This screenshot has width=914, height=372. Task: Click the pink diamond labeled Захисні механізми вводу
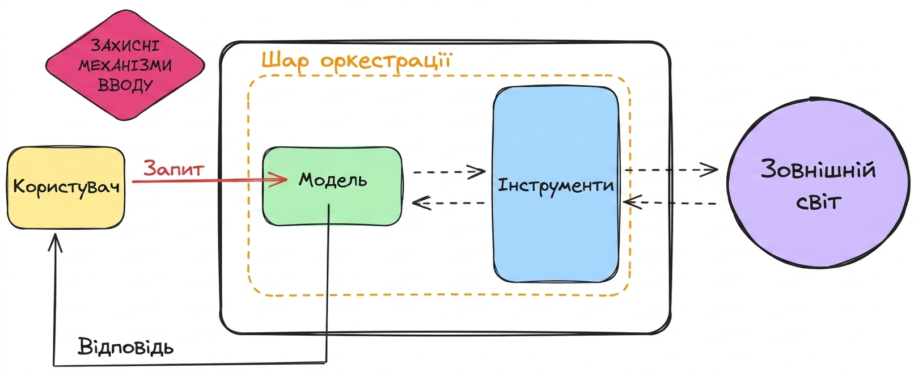(125, 65)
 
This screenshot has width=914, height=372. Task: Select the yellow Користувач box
(66, 188)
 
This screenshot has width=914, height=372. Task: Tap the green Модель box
(332, 186)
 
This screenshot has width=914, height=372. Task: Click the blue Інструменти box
(556, 184)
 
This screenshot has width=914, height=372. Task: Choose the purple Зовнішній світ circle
(818, 183)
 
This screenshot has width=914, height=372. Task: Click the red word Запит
(174, 169)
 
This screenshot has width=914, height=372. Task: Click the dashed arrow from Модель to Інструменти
(449, 172)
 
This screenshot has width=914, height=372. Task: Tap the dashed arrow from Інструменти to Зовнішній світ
(671, 170)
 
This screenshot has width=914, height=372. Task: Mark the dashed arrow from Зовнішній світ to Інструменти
(670, 202)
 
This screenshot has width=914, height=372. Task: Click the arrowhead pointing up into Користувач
(56, 243)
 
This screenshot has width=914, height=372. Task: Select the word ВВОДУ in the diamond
(125, 85)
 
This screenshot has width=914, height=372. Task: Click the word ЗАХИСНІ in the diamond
(125, 45)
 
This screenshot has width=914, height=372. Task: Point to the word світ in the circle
(819, 202)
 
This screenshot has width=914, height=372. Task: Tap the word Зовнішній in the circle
(819, 169)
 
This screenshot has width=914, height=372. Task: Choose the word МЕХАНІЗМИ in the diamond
(125, 65)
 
